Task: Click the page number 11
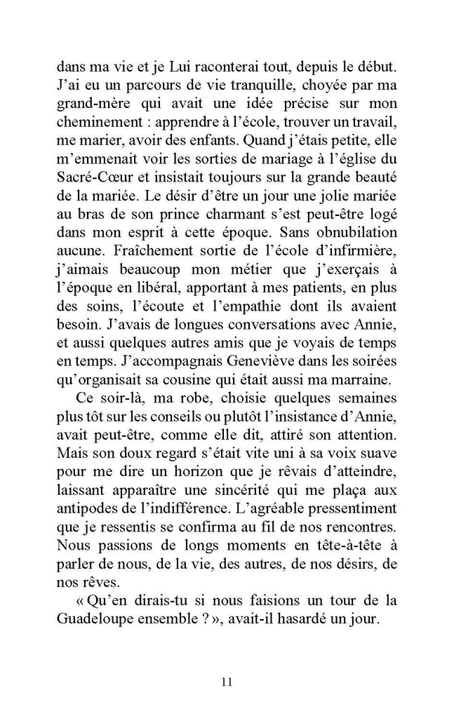click(x=226, y=682)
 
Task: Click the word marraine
click(x=366, y=379)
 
